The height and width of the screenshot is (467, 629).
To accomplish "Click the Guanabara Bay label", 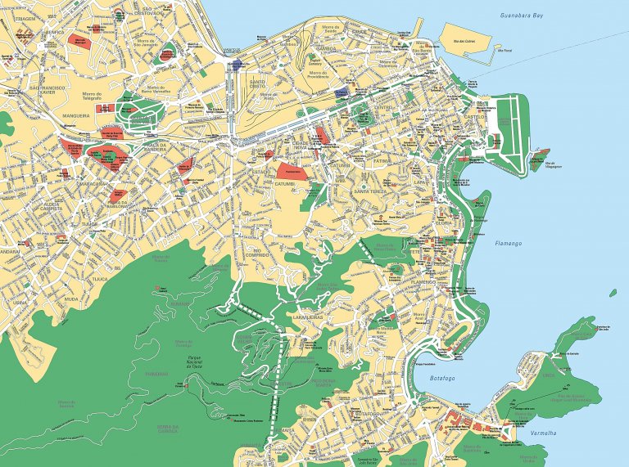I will (521, 16).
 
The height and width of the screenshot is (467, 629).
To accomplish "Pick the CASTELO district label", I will (475, 118).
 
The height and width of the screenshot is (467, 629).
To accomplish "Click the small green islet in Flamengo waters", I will (613, 292).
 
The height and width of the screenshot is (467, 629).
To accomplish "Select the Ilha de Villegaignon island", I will (540, 155).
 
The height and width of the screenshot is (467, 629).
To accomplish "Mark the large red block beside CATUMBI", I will (293, 170).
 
